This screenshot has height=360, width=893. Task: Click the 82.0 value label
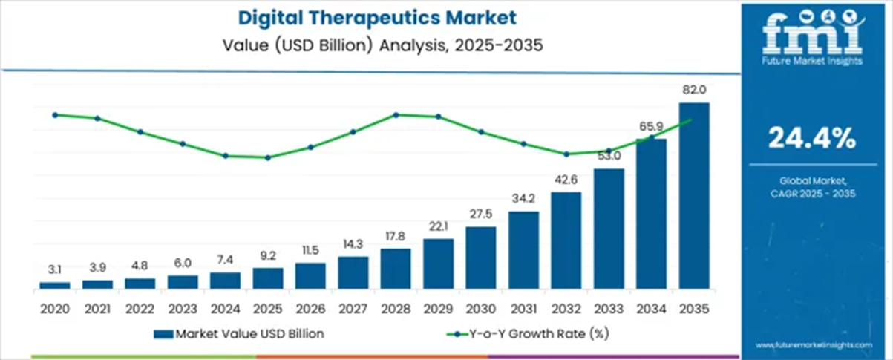coord(694,90)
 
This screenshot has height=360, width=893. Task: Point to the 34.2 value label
coord(523,198)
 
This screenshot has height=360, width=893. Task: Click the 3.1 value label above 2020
coord(55,269)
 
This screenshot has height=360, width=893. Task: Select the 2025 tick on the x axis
coord(267,307)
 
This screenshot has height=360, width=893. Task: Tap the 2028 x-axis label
coord(395,307)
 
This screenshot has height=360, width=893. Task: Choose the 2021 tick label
coord(97,307)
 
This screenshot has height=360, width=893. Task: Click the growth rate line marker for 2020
coord(55,115)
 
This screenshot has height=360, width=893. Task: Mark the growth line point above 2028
coord(396,114)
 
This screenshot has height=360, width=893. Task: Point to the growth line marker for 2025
coord(267,157)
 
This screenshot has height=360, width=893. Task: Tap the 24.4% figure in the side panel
coord(811,138)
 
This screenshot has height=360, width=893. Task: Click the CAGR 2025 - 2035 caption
coord(812,193)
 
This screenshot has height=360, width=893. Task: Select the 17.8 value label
coord(395,236)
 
